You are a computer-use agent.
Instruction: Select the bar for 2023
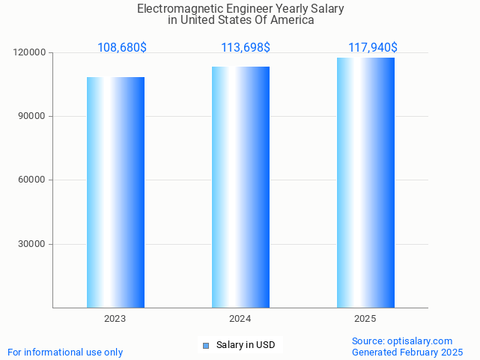click(115, 192)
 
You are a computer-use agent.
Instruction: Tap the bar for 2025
click(365, 183)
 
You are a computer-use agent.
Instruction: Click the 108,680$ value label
click(122, 48)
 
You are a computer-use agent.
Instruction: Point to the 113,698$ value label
click(246, 48)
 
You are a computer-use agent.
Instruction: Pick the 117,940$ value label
click(373, 48)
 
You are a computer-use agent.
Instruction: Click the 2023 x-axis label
click(115, 319)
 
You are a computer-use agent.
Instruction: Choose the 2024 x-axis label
click(240, 319)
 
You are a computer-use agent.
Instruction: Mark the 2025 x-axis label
click(365, 319)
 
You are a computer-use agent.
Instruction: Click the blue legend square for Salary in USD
click(206, 345)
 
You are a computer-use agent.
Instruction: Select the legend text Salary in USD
click(246, 345)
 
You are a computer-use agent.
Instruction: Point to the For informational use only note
click(65, 352)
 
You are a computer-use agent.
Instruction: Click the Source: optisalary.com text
click(402, 341)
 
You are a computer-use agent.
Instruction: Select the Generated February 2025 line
click(407, 352)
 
